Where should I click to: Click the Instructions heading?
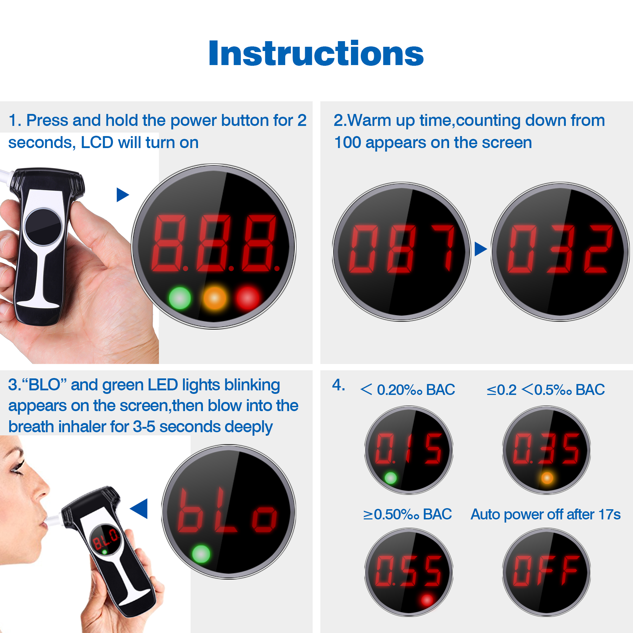pyautogui.click(x=316, y=53)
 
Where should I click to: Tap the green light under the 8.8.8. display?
pyautogui.click(x=180, y=298)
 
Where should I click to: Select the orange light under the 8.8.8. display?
pyautogui.click(x=215, y=298)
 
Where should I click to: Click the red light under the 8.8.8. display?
pyautogui.click(x=248, y=298)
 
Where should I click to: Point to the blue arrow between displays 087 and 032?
pyautogui.click(x=480, y=249)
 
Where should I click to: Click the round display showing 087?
pyautogui.click(x=402, y=251)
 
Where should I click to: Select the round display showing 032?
pyautogui.click(x=560, y=251)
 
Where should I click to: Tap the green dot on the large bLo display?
pyautogui.click(x=201, y=554)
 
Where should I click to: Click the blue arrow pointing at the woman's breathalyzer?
pyautogui.click(x=139, y=509)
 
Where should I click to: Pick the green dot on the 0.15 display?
pyautogui.click(x=390, y=478)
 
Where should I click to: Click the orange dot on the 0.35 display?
pyautogui.click(x=547, y=478)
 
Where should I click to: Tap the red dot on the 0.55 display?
pyautogui.click(x=427, y=600)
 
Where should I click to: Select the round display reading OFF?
pyautogui.click(x=546, y=572)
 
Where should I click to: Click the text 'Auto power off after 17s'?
pyautogui.click(x=545, y=514)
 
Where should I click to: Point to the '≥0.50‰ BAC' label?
pyautogui.click(x=407, y=514)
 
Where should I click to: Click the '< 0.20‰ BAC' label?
pyautogui.click(x=408, y=390)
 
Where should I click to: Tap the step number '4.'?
pyautogui.click(x=339, y=385)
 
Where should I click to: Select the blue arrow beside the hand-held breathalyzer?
pyautogui.click(x=123, y=194)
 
